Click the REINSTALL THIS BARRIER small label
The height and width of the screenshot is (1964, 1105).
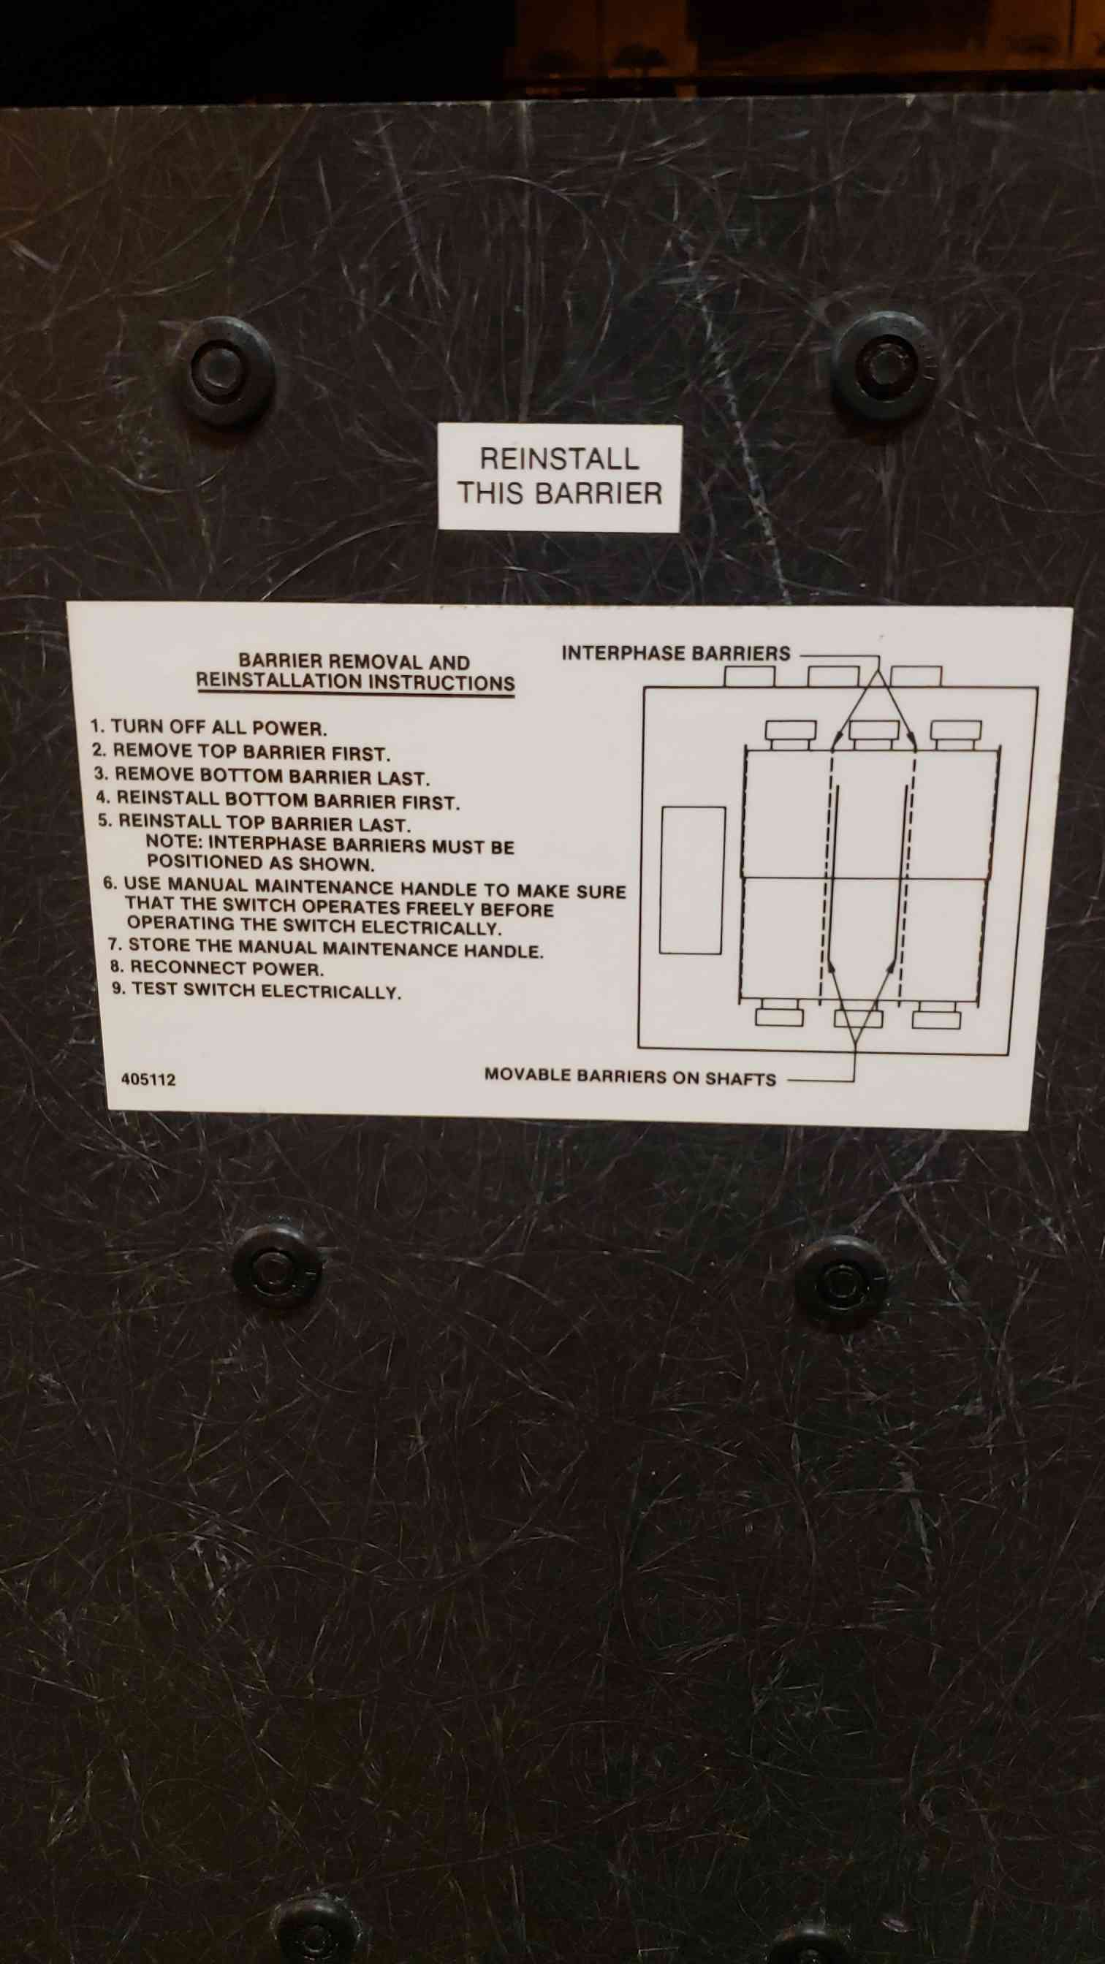click(x=559, y=477)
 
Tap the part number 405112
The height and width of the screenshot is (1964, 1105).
click(x=148, y=1080)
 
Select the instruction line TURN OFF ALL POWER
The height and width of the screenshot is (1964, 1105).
click(x=209, y=726)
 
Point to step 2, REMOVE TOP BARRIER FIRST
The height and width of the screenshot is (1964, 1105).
click(x=241, y=752)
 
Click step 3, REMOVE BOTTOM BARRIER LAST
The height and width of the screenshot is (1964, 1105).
click(x=262, y=776)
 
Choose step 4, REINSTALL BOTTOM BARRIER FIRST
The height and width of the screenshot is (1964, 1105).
click(x=278, y=801)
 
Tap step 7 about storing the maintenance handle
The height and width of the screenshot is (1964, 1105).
click(x=326, y=948)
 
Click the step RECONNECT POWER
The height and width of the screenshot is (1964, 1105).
click(x=217, y=968)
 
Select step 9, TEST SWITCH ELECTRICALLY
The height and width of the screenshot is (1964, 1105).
click(x=257, y=990)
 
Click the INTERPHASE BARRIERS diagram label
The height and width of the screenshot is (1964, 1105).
click(x=676, y=653)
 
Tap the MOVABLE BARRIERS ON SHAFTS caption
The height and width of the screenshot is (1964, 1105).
click(x=630, y=1076)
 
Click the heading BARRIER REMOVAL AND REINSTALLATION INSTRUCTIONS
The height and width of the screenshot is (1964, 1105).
click(x=355, y=671)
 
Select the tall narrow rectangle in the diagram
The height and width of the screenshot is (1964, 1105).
click(x=691, y=880)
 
